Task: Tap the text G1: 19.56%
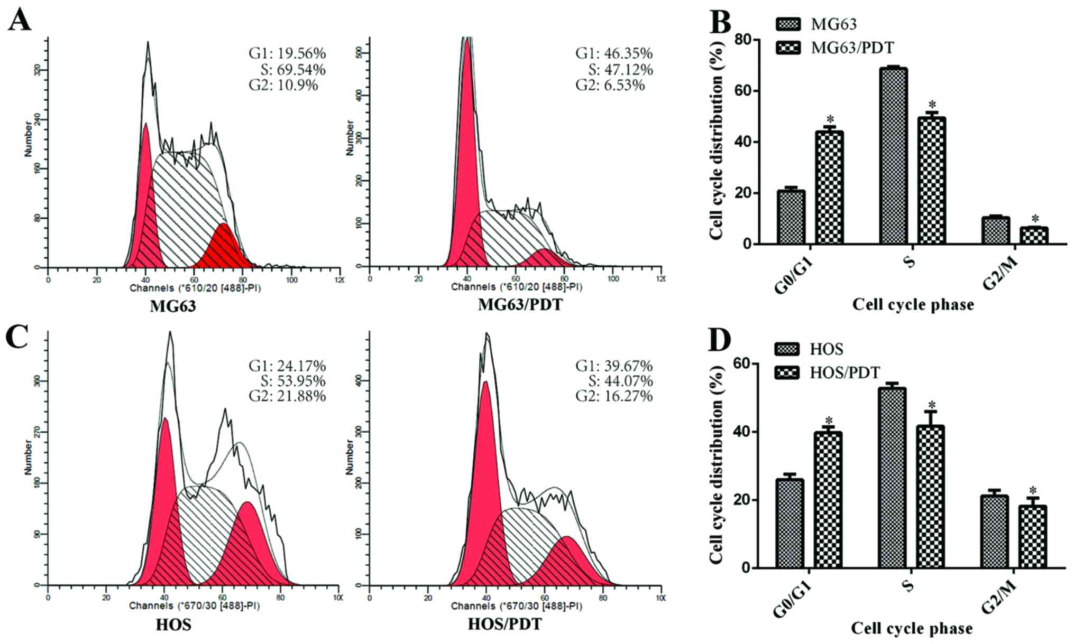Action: coord(287,53)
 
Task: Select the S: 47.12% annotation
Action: coord(620,69)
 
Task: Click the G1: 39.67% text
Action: coord(614,366)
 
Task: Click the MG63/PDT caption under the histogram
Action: coord(520,305)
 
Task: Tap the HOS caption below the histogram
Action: coord(173,624)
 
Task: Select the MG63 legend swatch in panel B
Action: coord(788,24)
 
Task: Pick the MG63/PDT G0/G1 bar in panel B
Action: coord(829,188)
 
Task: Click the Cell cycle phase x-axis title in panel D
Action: coord(912,628)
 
